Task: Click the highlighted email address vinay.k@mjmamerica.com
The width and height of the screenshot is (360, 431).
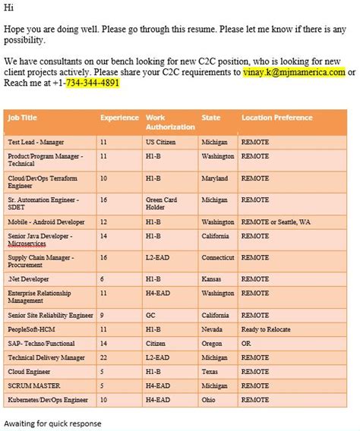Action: (295, 72)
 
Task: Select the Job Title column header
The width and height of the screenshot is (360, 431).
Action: (23, 118)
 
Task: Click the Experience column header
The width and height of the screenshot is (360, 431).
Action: (119, 118)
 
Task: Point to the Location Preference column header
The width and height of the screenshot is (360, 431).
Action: (276, 118)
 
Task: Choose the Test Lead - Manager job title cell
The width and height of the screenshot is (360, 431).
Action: (36, 142)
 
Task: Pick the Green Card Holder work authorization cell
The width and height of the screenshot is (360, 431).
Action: (160, 203)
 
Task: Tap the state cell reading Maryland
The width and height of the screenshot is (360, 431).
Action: (215, 178)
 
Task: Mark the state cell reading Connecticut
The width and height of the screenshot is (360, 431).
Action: (218, 258)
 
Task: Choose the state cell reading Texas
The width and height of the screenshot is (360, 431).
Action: (210, 372)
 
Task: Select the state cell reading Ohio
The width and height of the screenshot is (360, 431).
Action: (209, 399)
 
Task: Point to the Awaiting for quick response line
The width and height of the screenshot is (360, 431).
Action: (52, 423)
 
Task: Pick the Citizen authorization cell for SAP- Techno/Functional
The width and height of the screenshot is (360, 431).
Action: (157, 344)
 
